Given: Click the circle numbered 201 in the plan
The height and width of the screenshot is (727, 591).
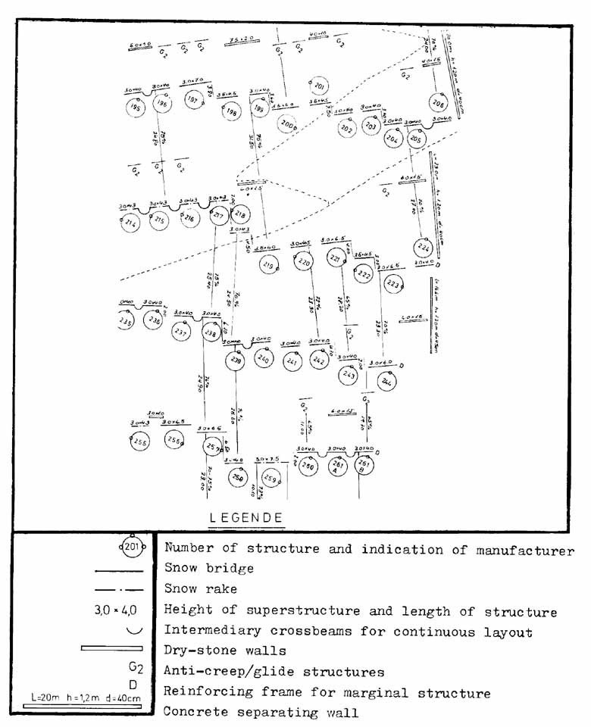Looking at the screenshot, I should click(x=318, y=86).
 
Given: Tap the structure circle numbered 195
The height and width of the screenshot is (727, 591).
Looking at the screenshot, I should click(x=136, y=108).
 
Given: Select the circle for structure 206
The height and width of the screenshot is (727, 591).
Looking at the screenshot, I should click(x=438, y=103).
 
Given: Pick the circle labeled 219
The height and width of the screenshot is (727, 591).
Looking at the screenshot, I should click(x=268, y=264).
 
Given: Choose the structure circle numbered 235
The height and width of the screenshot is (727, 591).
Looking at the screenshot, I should click(x=126, y=322).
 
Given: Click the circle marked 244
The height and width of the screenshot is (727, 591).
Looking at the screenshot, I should click(x=386, y=382).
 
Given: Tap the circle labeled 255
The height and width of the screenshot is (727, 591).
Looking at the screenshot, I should click(x=139, y=442).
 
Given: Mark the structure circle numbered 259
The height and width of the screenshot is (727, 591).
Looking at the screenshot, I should click(x=270, y=478).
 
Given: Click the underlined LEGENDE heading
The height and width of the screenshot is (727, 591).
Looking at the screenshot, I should click(x=245, y=518).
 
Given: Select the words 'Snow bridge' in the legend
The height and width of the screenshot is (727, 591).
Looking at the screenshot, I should click(x=208, y=568).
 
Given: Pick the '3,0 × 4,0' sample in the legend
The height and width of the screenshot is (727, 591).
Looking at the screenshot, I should click(x=121, y=610).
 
